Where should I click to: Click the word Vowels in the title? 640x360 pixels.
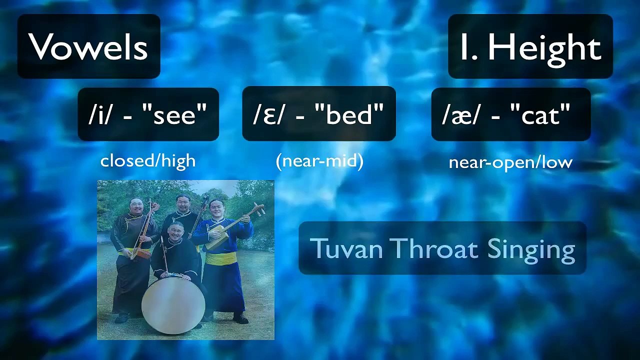[x=87, y=46]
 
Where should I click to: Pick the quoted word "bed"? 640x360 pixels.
[x=350, y=113]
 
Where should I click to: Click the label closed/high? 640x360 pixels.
[x=148, y=161]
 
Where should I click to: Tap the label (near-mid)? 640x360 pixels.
[x=319, y=161]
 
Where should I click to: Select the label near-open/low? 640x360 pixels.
[x=510, y=163]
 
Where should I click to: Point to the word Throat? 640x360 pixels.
[x=434, y=248]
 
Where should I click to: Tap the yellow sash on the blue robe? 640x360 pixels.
[x=221, y=258]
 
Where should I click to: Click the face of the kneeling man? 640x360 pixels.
[x=175, y=231]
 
